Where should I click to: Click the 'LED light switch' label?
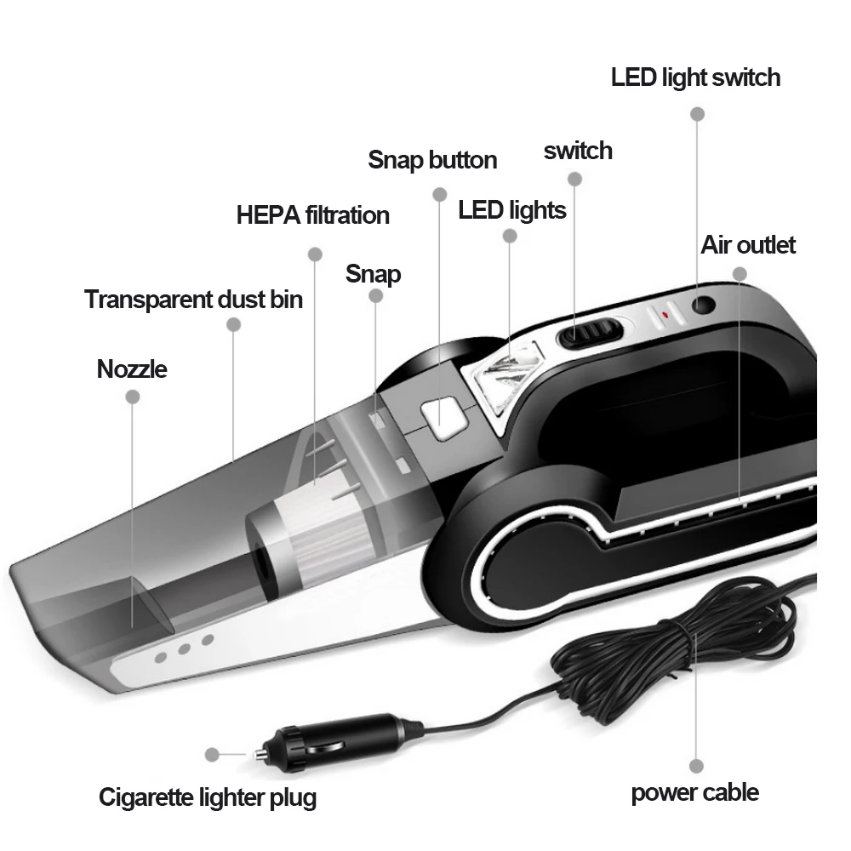(695, 77)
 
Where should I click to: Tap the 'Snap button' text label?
(432, 159)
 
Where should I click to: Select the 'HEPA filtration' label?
(312, 215)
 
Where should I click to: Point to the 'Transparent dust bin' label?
(193, 299)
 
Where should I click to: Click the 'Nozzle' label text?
(132, 368)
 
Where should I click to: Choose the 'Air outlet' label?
(748, 245)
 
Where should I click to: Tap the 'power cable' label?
(694, 793)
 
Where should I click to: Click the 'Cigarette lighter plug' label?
(208, 797)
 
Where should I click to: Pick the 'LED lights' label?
(511, 209)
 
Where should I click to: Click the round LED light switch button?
(702, 304)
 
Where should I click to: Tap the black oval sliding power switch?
(587, 333)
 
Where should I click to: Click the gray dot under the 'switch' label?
(574, 180)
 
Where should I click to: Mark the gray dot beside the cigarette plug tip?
(214, 753)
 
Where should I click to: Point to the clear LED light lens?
(501, 379)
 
